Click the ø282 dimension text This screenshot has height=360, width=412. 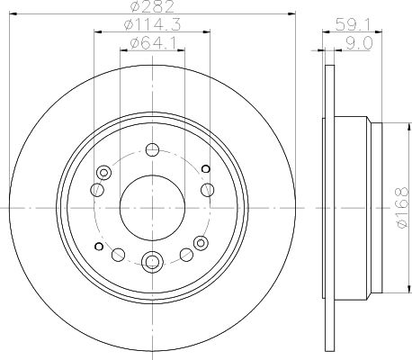click(152, 6)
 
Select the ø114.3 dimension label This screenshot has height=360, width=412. click(152, 24)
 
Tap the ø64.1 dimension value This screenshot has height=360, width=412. click(152, 44)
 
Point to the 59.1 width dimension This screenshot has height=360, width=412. click(353, 24)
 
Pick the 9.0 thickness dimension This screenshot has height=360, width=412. click(359, 43)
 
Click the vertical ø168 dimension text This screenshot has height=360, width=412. click(402, 208)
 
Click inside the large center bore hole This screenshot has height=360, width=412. click(152, 208)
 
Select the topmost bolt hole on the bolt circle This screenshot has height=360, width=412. click(152, 149)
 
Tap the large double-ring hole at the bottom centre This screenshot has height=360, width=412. click(152, 262)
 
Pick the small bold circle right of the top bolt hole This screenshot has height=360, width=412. click(206, 169)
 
